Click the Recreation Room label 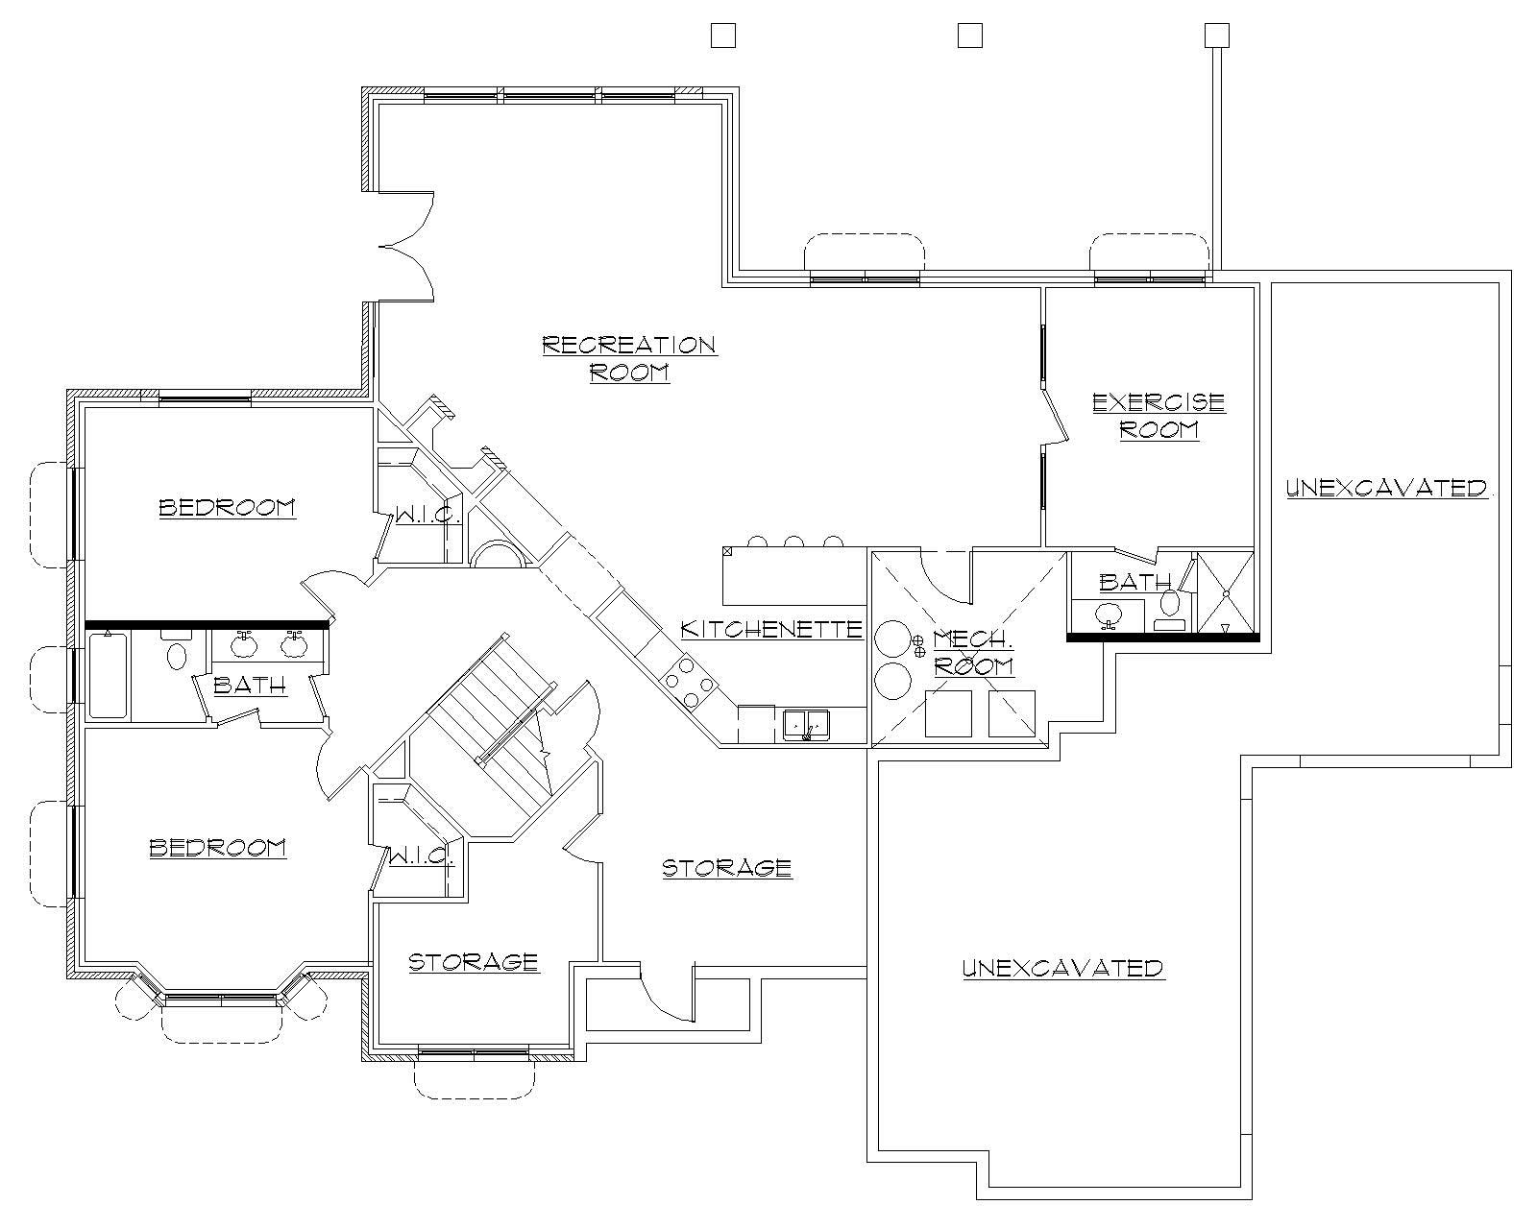click(629, 358)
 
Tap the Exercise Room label click(1159, 415)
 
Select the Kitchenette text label click(771, 629)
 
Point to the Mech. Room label click(973, 652)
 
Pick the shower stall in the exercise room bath click(1226, 592)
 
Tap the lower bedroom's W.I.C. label click(421, 855)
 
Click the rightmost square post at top click(1216, 36)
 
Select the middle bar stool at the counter click(793, 542)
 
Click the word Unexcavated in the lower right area click(1062, 968)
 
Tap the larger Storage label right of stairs click(727, 868)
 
